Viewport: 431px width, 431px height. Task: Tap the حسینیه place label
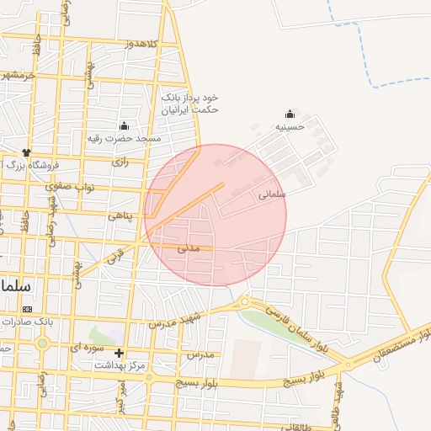(x=290, y=127)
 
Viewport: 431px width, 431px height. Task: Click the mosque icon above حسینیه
(x=290, y=114)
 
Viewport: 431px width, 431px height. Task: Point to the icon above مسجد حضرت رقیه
(x=125, y=124)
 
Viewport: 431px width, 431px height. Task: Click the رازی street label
(x=120, y=161)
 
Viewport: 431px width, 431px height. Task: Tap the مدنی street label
(x=188, y=248)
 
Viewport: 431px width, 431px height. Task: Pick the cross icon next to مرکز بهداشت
(x=119, y=354)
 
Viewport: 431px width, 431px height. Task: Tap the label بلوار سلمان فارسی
(x=296, y=329)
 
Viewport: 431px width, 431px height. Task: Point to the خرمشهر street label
(x=19, y=75)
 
